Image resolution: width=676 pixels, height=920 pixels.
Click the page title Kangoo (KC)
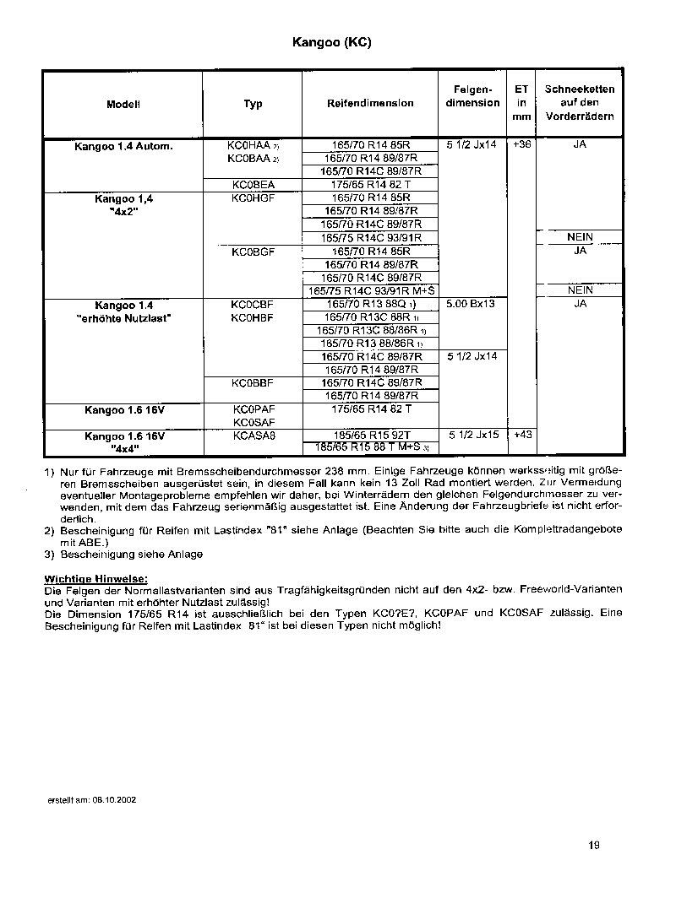(331, 41)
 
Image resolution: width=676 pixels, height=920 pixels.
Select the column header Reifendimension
(370, 104)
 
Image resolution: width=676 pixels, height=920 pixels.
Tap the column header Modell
(123, 104)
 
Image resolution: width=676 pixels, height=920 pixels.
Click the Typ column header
(253, 104)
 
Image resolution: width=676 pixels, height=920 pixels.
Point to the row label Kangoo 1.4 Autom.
(123, 145)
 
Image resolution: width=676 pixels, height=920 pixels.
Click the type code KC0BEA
(253, 184)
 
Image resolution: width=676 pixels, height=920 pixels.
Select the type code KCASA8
(253, 436)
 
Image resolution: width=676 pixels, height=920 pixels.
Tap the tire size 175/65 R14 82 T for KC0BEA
(370, 184)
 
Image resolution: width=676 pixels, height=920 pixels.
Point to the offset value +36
(522, 145)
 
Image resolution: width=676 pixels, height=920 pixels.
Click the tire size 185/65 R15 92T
(370, 436)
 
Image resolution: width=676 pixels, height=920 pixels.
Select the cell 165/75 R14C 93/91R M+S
(370, 291)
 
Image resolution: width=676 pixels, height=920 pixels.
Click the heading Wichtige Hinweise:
(95, 578)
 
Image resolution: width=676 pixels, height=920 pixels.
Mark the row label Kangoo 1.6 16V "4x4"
(123, 442)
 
